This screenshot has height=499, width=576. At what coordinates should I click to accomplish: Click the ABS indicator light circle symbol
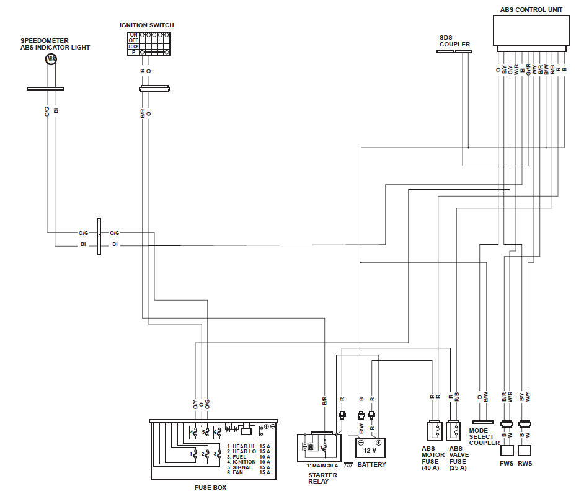(x=51, y=59)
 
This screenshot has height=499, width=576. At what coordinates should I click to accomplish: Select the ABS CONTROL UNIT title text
(x=531, y=9)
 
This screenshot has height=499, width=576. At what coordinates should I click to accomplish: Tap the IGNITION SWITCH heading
(x=146, y=25)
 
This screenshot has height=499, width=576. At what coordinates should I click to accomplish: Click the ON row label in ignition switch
(x=133, y=35)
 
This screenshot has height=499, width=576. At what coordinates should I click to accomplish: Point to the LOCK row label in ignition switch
(x=133, y=46)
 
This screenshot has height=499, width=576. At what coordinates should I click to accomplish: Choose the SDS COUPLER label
(x=454, y=41)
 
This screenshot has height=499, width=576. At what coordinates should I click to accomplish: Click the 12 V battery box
(x=370, y=448)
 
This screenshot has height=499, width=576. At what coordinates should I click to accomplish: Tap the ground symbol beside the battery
(x=348, y=464)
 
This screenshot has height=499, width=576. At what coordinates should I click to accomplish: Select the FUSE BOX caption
(x=210, y=488)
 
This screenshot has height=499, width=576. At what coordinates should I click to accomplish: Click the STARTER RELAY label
(x=322, y=478)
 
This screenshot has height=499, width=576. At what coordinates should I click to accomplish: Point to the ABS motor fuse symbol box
(x=435, y=431)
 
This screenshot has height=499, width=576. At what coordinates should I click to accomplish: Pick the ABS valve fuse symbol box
(x=453, y=431)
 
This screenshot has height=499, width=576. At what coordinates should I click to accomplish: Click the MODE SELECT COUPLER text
(x=484, y=436)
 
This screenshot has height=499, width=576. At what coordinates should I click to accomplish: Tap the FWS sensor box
(x=507, y=451)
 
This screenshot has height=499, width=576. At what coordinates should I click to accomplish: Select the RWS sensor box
(x=525, y=451)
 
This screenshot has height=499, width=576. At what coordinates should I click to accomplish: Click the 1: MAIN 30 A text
(x=322, y=466)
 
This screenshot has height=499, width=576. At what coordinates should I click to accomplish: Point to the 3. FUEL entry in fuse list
(x=237, y=457)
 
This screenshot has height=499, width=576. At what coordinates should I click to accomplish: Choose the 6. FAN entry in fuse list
(x=235, y=472)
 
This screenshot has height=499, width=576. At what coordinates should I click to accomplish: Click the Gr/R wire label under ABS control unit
(x=528, y=69)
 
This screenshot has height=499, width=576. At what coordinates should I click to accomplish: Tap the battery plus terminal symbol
(x=378, y=443)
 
